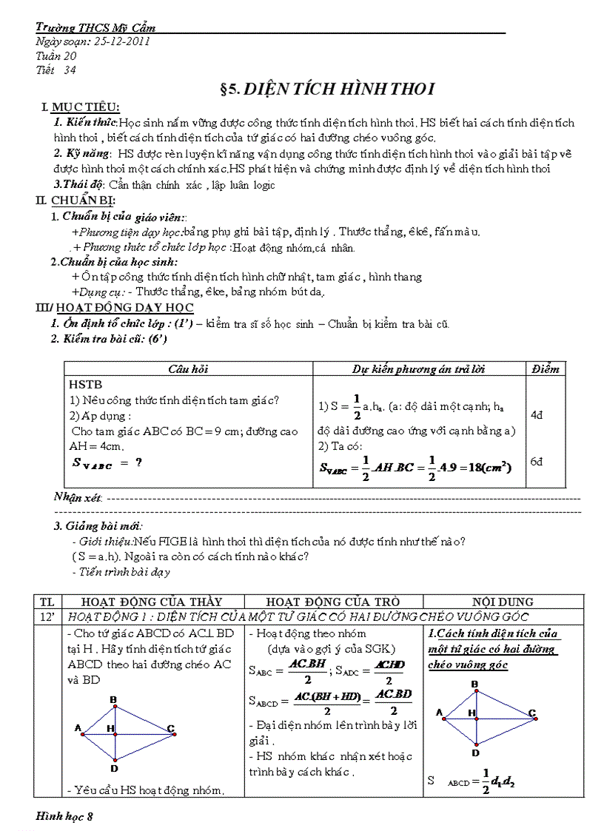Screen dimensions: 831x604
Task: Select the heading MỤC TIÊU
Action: tap(85, 108)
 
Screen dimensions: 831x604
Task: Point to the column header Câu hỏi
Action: tap(189, 369)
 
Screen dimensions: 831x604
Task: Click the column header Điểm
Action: tap(546, 369)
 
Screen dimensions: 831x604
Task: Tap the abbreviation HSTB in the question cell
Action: tap(85, 385)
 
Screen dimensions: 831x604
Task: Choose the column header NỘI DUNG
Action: tap(503, 602)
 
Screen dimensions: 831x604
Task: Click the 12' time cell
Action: tap(47, 616)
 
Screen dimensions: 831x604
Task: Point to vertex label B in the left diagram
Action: tap(113, 699)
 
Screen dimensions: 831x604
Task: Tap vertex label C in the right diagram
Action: tap(531, 713)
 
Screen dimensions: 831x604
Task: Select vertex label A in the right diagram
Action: tap(438, 713)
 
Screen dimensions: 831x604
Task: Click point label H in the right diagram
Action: tap(471, 712)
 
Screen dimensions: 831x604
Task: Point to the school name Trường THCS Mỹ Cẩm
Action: tap(95, 28)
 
